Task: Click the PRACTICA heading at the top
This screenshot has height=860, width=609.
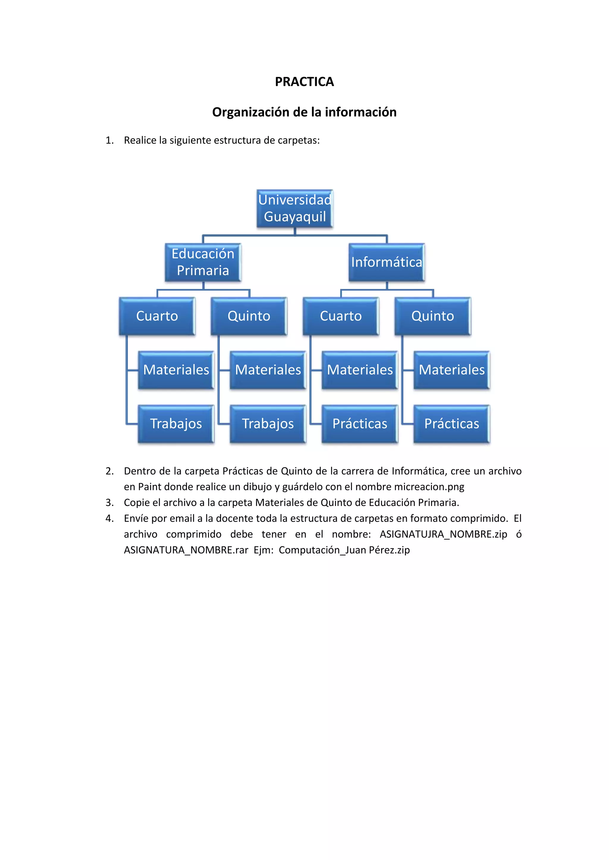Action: click(x=304, y=82)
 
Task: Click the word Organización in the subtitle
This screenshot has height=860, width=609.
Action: click(x=245, y=112)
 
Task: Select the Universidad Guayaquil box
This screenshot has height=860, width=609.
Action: click(x=295, y=208)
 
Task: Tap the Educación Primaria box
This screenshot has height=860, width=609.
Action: click(x=203, y=262)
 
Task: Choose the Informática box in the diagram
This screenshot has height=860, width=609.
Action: click(x=386, y=262)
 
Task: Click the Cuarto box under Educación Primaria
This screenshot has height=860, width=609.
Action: click(x=157, y=316)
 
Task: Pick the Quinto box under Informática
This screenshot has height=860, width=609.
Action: click(x=432, y=316)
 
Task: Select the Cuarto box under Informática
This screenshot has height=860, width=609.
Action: click(x=340, y=316)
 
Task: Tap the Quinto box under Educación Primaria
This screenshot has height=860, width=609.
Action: click(x=249, y=316)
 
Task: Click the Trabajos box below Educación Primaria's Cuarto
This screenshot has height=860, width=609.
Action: click(x=176, y=424)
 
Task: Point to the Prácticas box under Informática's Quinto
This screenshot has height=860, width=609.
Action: click(x=451, y=424)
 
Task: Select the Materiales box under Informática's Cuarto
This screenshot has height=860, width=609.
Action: click(x=360, y=370)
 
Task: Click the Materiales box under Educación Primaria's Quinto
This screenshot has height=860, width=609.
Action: click(x=268, y=370)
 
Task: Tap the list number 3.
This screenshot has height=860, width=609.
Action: click(x=109, y=503)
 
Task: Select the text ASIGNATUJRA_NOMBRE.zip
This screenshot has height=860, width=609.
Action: click(x=443, y=534)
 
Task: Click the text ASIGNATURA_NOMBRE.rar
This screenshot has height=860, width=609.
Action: click(x=186, y=550)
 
